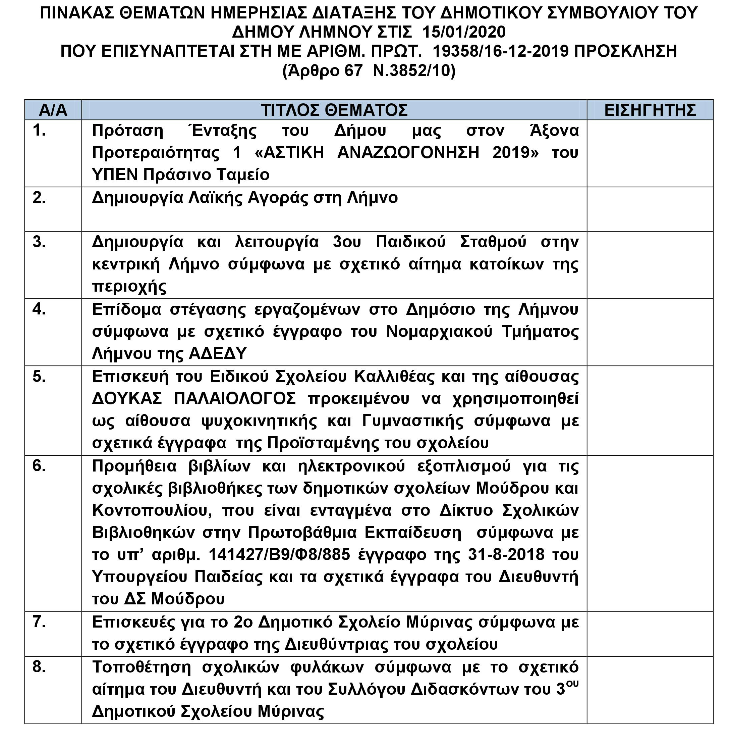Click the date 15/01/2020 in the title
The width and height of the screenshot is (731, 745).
coord(464,32)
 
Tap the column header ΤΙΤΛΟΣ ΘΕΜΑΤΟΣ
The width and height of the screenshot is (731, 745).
coord(334,110)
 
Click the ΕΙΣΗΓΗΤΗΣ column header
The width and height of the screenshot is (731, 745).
coord(650,110)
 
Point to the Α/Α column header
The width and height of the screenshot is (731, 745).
coord(53,110)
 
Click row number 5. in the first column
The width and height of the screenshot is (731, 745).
coord(39,377)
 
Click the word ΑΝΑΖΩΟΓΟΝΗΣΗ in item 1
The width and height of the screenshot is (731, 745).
coord(408,153)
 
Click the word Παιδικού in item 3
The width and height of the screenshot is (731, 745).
coord(410,242)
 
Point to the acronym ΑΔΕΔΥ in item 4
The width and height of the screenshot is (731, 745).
coord(217,353)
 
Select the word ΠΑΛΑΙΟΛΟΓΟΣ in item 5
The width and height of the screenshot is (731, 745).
coord(235,399)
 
